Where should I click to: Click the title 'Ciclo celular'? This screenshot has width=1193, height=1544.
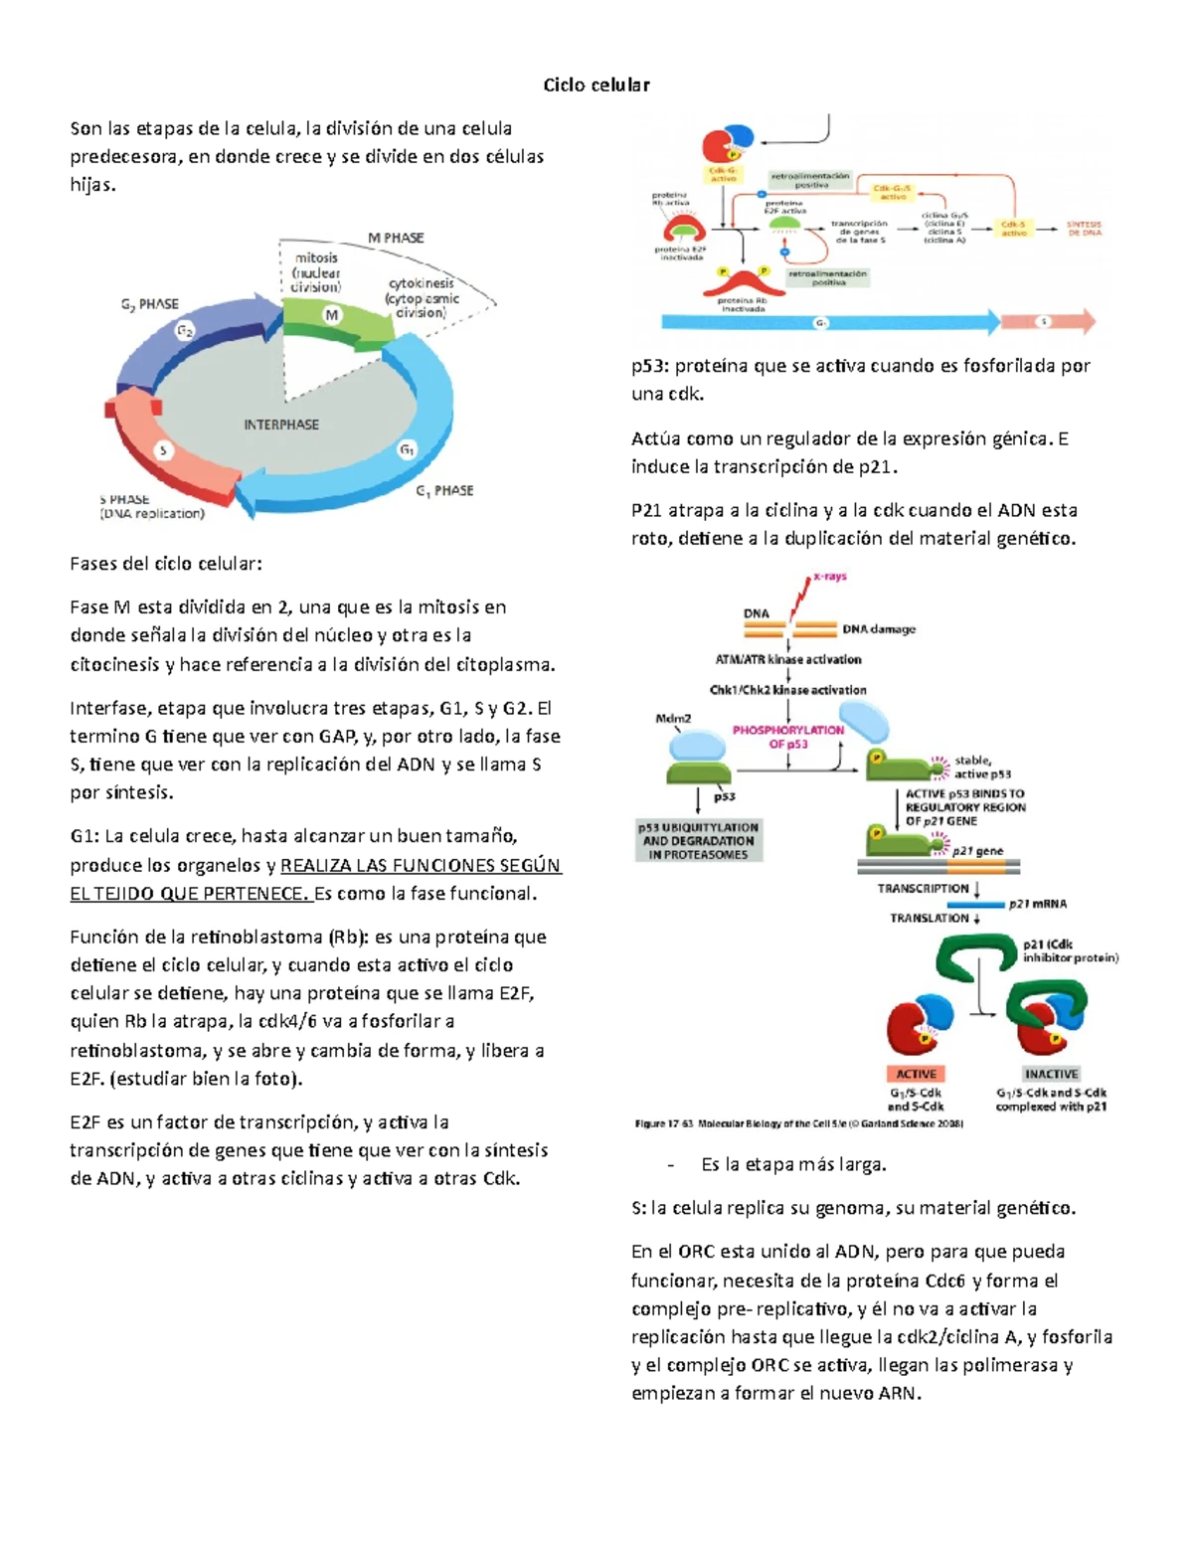[596, 86]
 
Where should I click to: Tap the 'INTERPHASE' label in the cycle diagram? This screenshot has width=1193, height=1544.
[281, 425]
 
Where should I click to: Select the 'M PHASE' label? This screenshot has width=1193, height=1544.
[396, 238]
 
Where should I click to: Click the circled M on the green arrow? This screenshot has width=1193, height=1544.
[332, 315]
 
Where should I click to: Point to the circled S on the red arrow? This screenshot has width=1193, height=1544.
[164, 450]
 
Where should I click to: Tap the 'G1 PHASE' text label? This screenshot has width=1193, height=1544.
[444, 490]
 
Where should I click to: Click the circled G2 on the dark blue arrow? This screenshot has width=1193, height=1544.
[185, 331]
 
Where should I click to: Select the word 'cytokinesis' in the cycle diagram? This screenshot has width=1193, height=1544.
[421, 283]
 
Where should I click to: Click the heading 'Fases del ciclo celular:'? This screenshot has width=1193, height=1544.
[166, 564]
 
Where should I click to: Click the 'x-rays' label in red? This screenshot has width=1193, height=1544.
[830, 577]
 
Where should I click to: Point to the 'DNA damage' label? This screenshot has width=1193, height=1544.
[879, 629]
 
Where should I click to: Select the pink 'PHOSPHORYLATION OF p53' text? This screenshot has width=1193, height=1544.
[787, 737]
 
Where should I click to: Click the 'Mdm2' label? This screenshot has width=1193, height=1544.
[673, 718]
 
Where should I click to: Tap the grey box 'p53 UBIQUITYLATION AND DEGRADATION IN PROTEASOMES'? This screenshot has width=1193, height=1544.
[698, 841]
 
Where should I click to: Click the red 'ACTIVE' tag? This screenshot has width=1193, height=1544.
[916, 1074]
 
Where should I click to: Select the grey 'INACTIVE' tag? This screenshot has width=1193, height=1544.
[1051, 1074]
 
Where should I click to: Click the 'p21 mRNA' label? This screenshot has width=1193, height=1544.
[1038, 904]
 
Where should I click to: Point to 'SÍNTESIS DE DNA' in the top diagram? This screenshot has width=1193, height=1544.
[1084, 229]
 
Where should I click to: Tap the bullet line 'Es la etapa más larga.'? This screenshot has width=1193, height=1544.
[793, 1164]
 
